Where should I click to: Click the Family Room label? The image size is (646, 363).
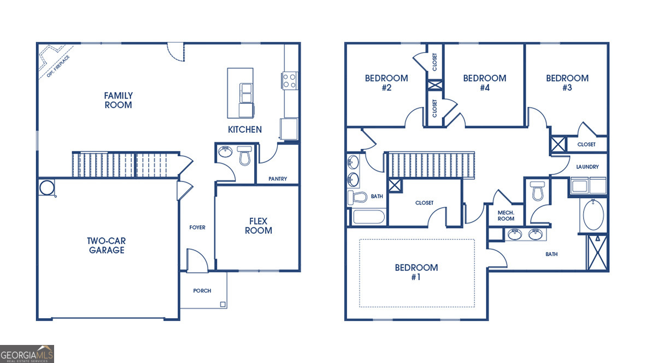point(119,100)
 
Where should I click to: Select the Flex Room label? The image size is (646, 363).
point(258,226)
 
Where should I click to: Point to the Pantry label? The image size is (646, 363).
point(278,179)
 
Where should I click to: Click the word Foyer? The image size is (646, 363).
point(197,227)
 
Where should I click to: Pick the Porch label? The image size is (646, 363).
point(202,291)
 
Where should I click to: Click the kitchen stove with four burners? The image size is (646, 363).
point(289,81)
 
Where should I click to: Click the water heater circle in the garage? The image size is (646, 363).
point(47,188)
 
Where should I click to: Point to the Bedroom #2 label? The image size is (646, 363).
point(386,83)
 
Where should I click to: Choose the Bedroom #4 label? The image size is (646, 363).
point(484,83)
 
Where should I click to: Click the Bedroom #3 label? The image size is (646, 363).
point(567,83)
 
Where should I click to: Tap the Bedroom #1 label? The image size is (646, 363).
point(416,272)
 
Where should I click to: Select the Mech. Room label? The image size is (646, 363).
point(506,215)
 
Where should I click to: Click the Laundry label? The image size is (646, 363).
point(588,167)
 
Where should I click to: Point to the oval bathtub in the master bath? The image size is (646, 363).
point(594,216)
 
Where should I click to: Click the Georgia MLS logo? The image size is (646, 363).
point(27,354)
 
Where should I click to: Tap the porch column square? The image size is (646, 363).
point(222,304)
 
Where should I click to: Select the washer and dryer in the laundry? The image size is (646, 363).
point(589,186)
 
